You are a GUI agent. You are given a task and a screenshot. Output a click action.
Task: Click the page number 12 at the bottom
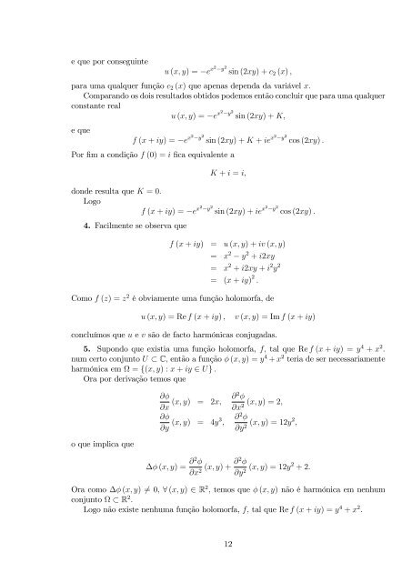[x=206, y=546]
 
